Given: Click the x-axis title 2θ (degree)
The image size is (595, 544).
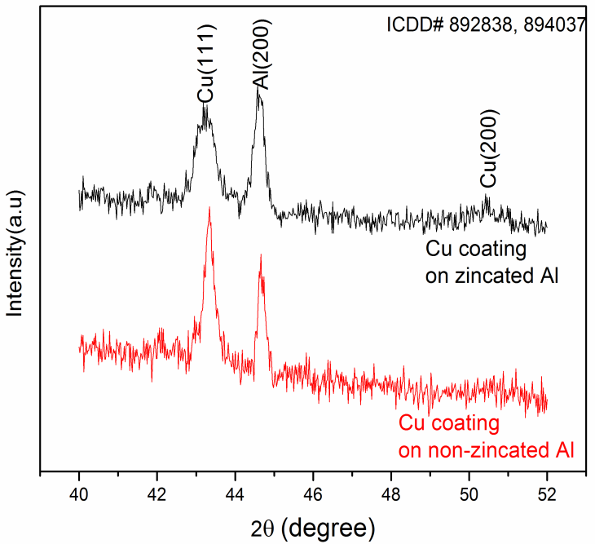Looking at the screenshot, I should (313, 524).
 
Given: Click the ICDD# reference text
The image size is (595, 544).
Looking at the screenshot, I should (486, 24).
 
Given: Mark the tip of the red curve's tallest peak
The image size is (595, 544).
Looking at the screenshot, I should (209, 208).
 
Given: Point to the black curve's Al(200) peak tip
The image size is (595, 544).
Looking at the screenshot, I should (258, 91).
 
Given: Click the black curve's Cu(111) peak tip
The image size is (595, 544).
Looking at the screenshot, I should (205, 106).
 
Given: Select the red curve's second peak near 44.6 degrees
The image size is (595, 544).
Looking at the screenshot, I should (261, 255).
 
